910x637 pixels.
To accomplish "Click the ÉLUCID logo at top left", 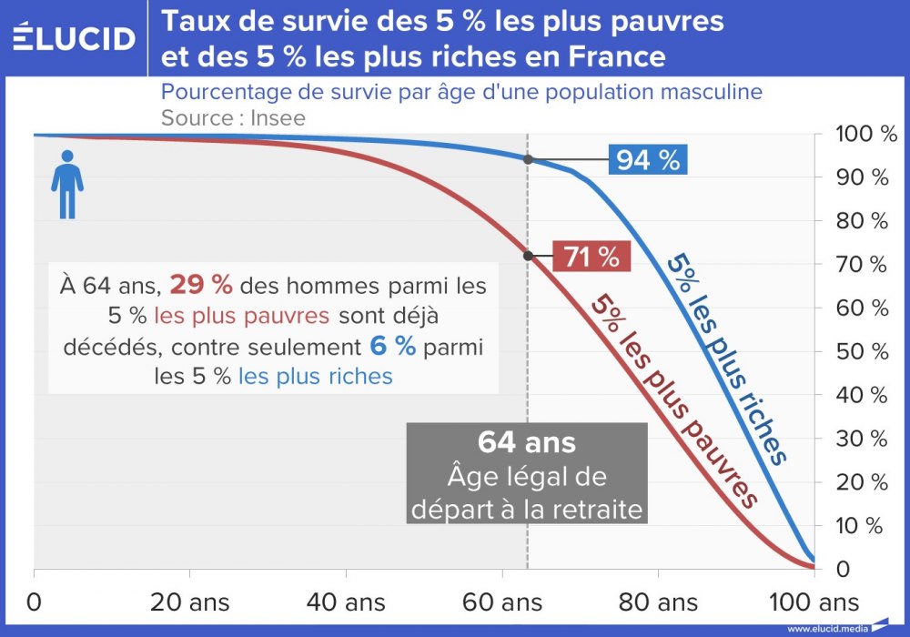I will [x=75, y=38].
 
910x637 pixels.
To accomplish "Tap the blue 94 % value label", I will [x=647, y=160].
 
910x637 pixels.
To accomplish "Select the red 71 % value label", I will [x=591, y=257].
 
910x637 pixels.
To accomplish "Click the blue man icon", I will [x=66, y=185].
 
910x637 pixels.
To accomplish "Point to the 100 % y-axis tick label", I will [x=866, y=135].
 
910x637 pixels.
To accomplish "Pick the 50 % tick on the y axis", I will [x=866, y=351].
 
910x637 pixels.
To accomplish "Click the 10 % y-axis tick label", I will [x=866, y=526].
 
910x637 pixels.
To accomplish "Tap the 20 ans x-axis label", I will [x=189, y=602].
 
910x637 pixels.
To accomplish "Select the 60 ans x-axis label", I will [x=503, y=602].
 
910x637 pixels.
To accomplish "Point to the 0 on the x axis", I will [x=35, y=602].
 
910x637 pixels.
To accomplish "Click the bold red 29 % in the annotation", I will [x=200, y=285].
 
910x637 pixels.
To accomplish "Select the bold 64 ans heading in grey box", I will [x=527, y=442].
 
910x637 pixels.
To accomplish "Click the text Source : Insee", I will [x=233, y=117].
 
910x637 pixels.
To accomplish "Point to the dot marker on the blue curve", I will [x=528, y=159].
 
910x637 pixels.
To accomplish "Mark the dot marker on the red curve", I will [x=528, y=255].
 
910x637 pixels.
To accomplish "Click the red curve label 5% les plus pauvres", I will [x=674, y=400].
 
